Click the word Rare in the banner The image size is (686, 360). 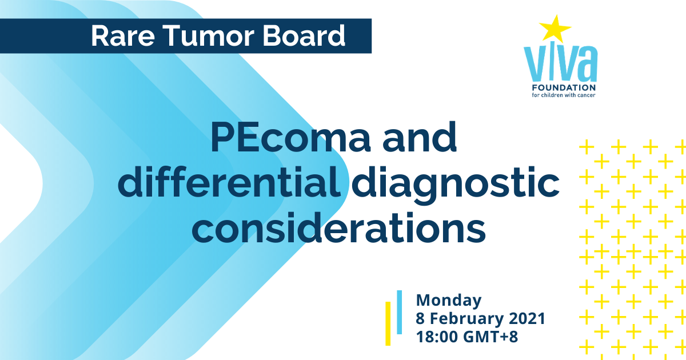coord(123,36)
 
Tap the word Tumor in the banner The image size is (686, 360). coord(210,36)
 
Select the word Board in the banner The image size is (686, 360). coord(304,35)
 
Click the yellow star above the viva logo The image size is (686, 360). coord(555,29)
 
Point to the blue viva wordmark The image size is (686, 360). coord(560,63)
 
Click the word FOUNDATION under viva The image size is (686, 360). coord(564,87)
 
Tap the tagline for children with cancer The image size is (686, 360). coord(564,95)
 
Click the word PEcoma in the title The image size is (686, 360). coord(290,138)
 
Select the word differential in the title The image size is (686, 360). coord(229,183)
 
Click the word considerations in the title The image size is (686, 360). coord(338,228)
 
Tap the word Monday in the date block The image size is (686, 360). coord(449,301)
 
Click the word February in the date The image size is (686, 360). coord(466,319)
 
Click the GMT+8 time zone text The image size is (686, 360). coord(490,337)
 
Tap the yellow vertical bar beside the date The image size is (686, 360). coord(388,323)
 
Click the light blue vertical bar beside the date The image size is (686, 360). coord(400,312)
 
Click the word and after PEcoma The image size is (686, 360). coord(420,137)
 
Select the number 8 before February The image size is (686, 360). coord(420,319)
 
